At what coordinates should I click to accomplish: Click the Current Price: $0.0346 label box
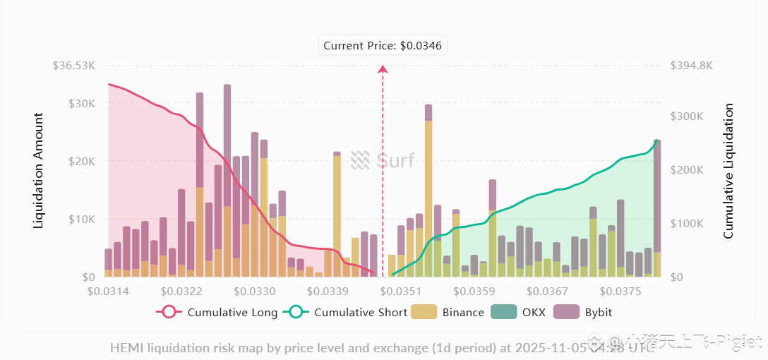(383, 46)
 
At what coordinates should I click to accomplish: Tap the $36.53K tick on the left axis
(74, 66)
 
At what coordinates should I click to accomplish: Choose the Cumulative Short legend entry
(345, 312)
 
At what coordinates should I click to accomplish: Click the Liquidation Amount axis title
(39, 170)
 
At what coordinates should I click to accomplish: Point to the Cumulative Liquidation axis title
(728, 170)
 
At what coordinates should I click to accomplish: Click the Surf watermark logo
(382, 160)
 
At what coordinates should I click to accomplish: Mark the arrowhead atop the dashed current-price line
(383, 69)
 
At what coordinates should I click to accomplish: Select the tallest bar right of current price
(428, 191)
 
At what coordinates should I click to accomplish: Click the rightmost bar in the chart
(657, 208)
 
